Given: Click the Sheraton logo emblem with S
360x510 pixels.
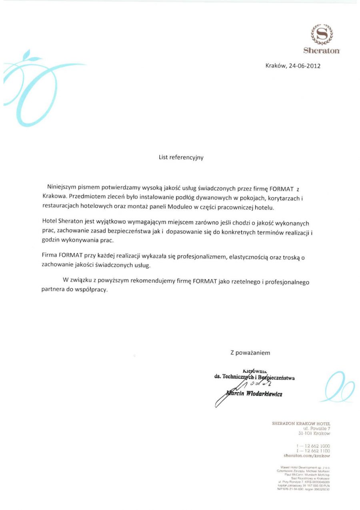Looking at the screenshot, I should coord(322,34).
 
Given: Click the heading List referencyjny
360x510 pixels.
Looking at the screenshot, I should coord(181,157).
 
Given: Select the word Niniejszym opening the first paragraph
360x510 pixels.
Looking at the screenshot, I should coord(62,187).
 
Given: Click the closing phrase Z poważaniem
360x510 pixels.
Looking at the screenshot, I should coord(250,353).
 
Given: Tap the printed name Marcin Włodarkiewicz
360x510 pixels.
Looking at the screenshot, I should coord(254,394).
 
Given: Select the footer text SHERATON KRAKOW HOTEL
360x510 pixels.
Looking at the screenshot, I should coord(301,423).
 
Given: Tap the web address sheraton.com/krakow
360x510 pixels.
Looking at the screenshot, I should coord(306,456).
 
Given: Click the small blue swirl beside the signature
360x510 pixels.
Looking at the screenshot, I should coord(338,387).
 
